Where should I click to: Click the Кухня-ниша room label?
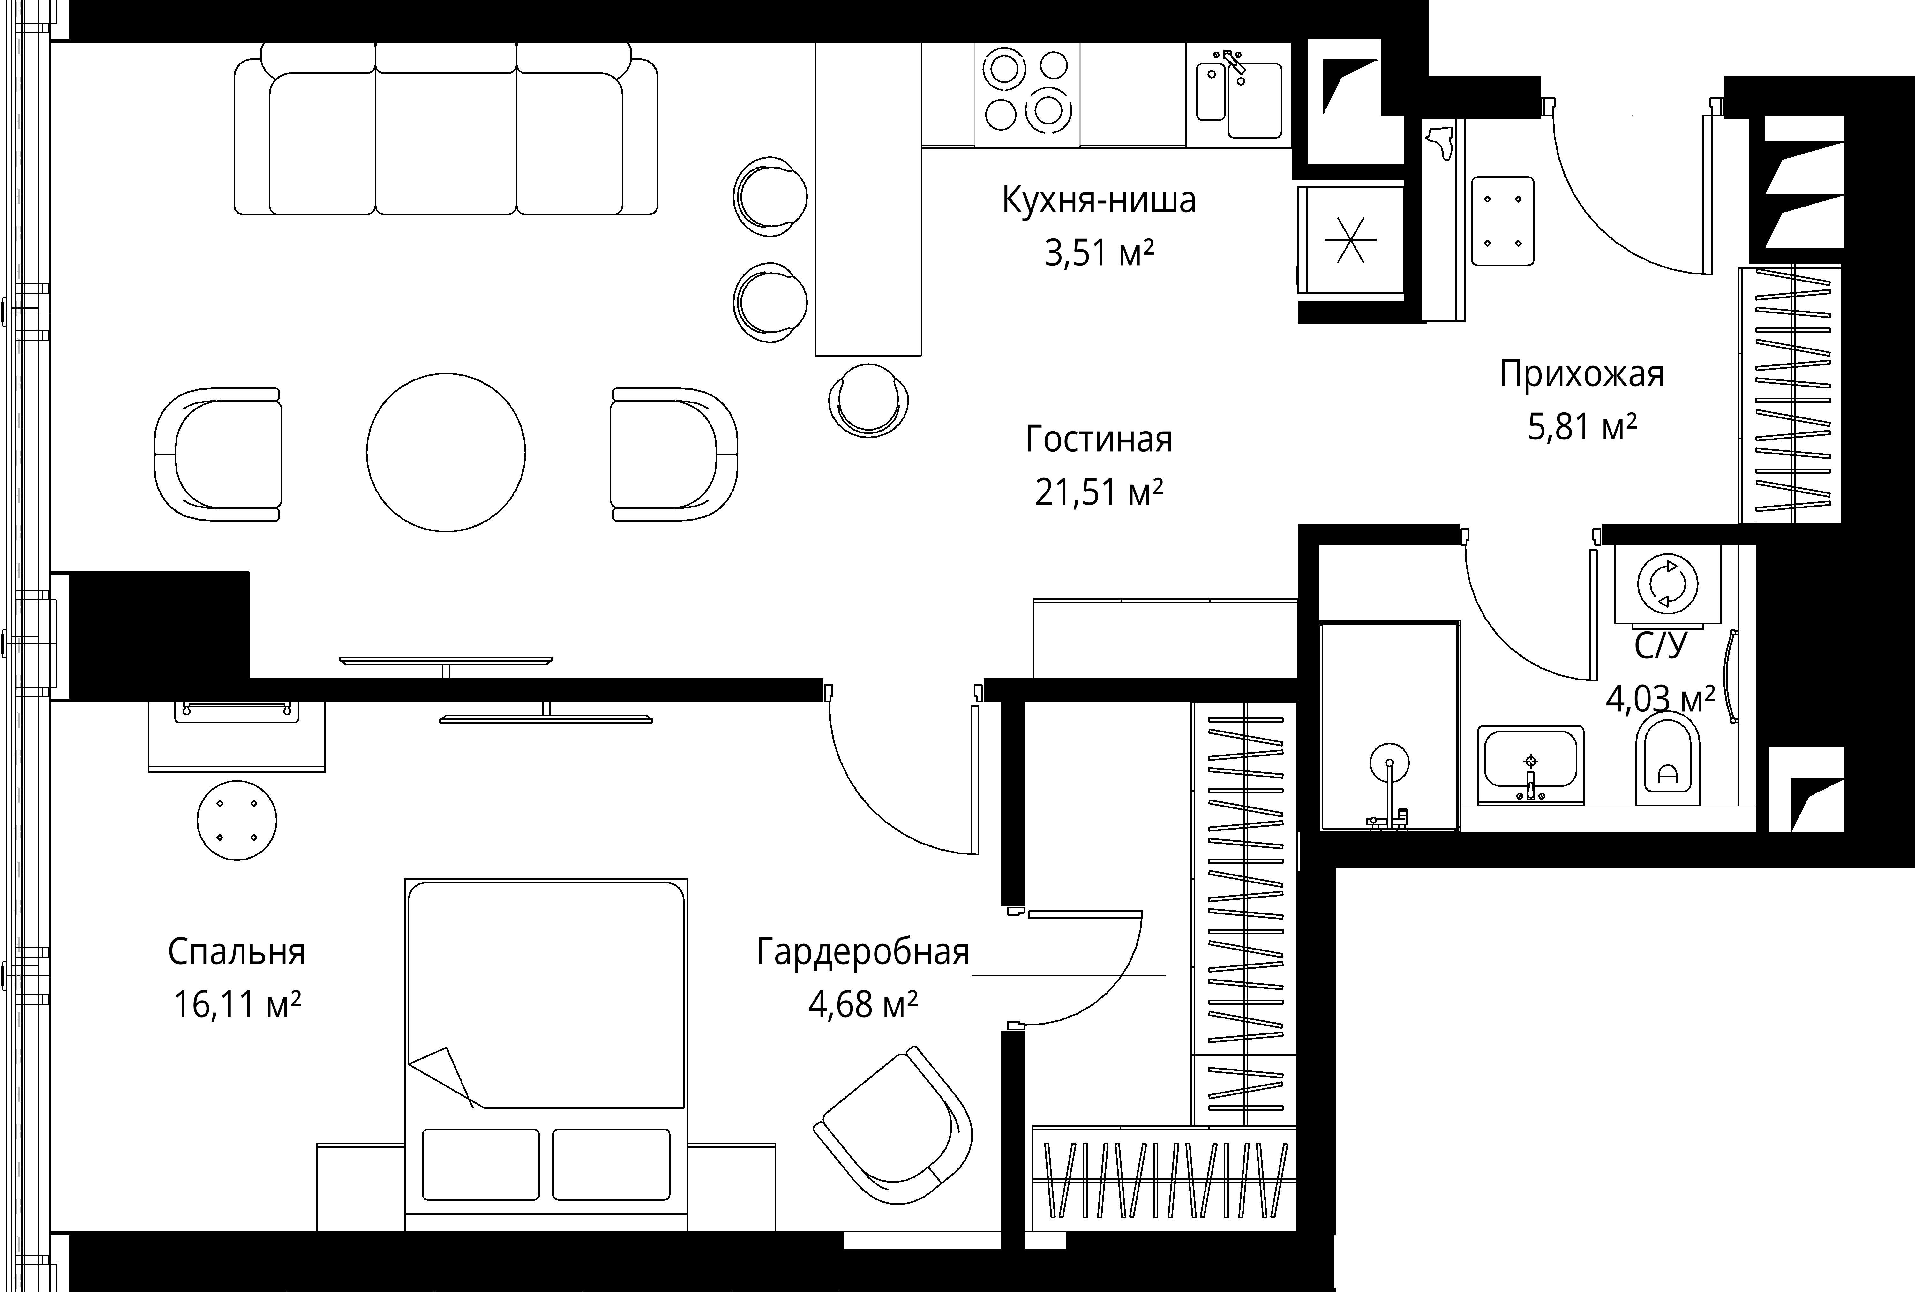[x=1098, y=200]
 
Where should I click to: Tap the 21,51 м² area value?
[x=1098, y=493]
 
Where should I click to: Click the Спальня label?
[x=237, y=952]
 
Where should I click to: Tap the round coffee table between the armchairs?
[x=446, y=452]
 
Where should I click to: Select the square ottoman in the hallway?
[x=1502, y=221]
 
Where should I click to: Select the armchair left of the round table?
[x=219, y=454]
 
